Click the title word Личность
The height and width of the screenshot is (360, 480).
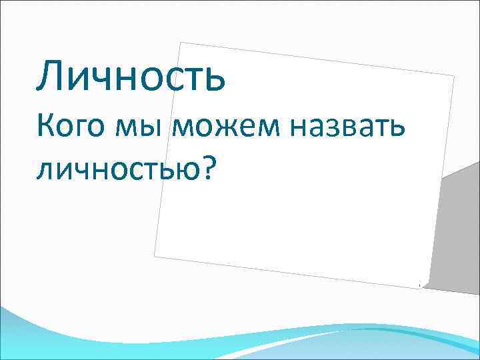pos(131,76)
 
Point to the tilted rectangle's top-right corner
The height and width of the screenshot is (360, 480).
pos(455,76)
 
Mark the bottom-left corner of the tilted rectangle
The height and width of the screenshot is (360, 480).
pos(154,256)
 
